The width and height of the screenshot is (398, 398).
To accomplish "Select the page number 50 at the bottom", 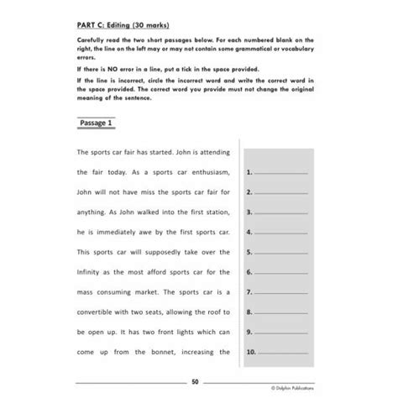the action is coord(195,381).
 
